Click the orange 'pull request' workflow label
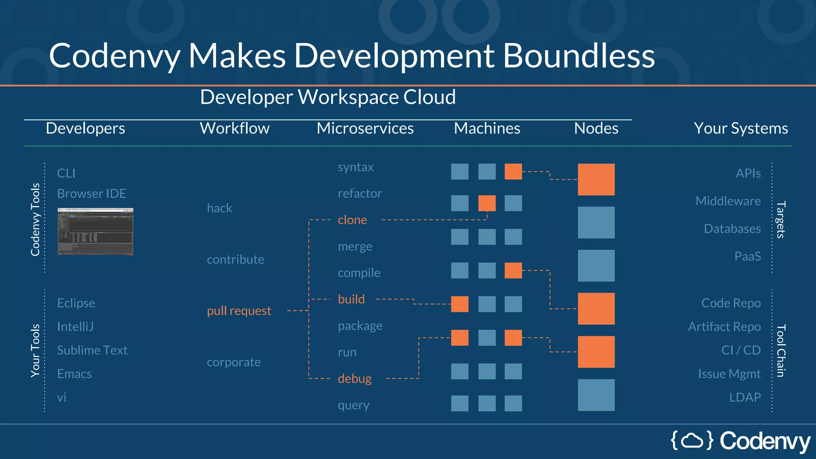[x=239, y=311]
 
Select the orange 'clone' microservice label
[x=352, y=220]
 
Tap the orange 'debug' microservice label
[x=355, y=379]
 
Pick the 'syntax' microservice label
[x=355, y=167]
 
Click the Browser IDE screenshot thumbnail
[x=95, y=231]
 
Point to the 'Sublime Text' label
[x=92, y=350]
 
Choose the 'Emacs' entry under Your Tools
[x=74, y=374]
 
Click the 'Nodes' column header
[x=596, y=128]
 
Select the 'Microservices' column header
[x=365, y=128]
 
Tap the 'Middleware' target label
[x=728, y=201]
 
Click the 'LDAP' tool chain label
[x=745, y=397]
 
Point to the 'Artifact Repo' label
[x=724, y=327]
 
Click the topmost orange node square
[x=596, y=179]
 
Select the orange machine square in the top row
[x=513, y=172]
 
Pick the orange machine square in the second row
[x=487, y=203]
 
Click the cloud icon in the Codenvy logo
[x=692, y=441]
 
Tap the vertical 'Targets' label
[x=781, y=220]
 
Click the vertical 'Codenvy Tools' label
[x=35, y=219]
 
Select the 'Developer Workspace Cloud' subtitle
[x=328, y=97]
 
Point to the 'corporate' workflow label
[x=233, y=362]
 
